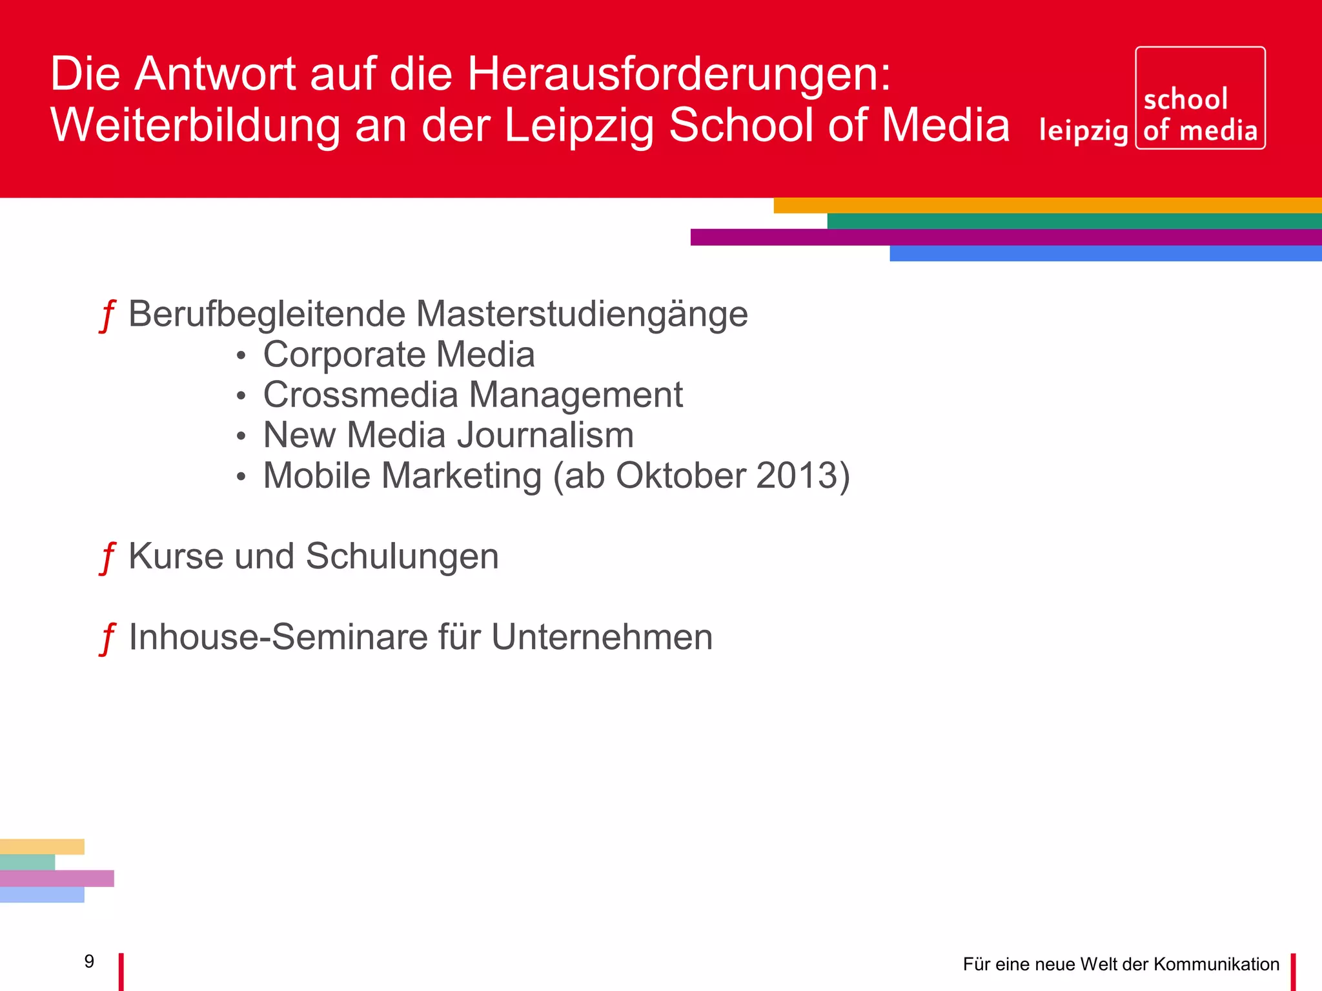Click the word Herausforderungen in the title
point(678,75)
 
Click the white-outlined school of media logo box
point(1200,98)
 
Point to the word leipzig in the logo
point(1083,131)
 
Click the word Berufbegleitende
point(267,315)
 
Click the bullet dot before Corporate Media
point(241,356)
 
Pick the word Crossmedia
point(360,395)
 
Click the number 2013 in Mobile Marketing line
point(796,476)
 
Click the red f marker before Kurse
point(107,558)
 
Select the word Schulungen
point(402,557)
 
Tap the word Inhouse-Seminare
point(278,637)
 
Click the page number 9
point(89,961)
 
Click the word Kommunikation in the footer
point(1216,965)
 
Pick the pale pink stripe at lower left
point(57,878)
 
